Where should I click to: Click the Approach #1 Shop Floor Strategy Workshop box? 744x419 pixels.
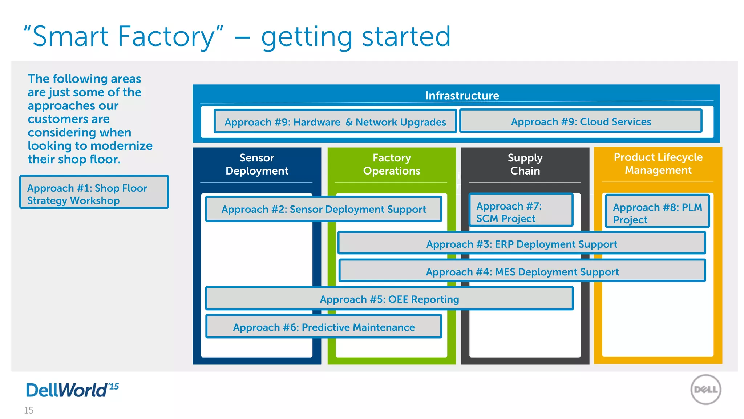coord(94,192)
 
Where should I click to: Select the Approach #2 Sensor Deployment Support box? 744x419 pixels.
coord(323,209)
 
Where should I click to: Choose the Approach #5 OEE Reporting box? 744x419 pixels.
coord(389,299)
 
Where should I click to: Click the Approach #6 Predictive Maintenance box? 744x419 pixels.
coord(323,327)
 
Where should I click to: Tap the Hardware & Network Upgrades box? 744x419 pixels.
coord(335,122)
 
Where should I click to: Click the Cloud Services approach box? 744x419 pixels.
coord(581,121)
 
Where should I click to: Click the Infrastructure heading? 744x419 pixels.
coord(462,95)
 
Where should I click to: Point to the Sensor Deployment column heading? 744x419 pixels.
coord(257,164)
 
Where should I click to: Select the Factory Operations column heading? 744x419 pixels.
coord(392,164)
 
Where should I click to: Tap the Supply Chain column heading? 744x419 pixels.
coord(525,164)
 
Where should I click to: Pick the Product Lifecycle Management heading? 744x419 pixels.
coord(658,164)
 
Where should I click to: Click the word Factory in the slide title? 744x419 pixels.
coord(166,36)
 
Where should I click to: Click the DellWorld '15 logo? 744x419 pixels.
coord(72,390)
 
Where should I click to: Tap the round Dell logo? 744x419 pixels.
coord(705,390)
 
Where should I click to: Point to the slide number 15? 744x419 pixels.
coord(28,410)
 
